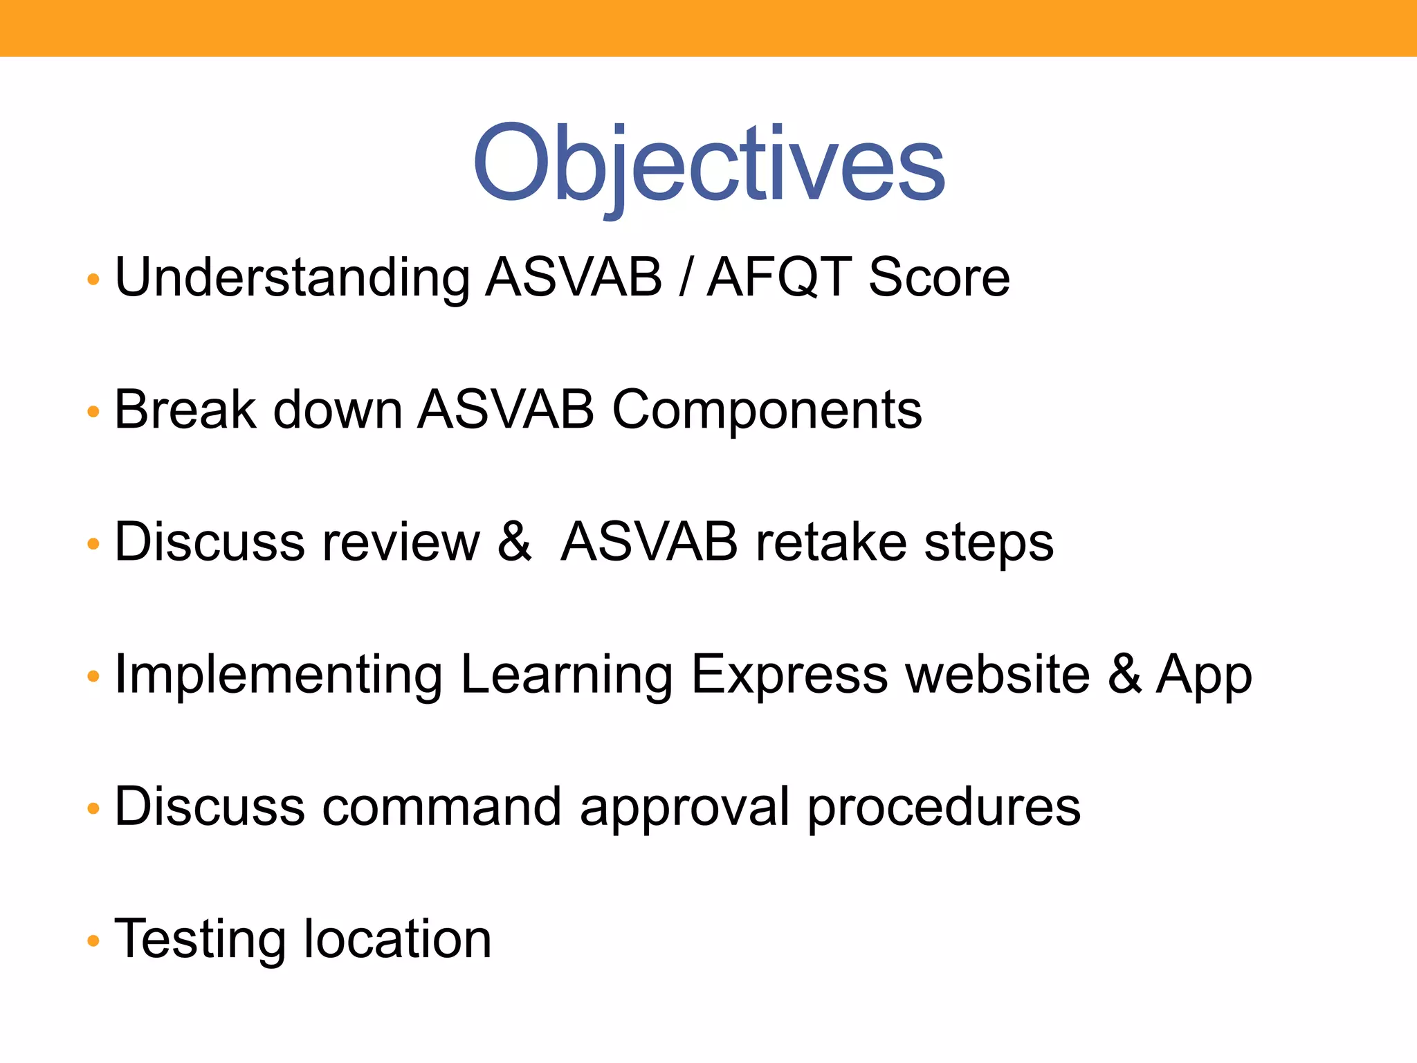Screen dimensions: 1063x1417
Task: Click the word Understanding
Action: click(x=292, y=278)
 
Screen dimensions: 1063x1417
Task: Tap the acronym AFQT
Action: click(x=779, y=278)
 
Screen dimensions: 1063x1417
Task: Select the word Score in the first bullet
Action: click(x=939, y=278)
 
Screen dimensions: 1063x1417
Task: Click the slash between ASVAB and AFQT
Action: click(x=684, y=278)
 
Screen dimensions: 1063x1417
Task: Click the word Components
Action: click(x=767, y=410)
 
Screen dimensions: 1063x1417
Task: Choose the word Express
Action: click(x=789, y=675)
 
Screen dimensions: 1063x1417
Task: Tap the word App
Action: click(x=1204, y=675)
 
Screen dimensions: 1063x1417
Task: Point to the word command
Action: click(x=441, y=807)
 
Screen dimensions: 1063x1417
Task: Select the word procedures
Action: click(x=944, y=807)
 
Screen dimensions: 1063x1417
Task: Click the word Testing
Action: click(x=199, y=940)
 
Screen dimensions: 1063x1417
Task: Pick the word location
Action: click(x=397, y=940)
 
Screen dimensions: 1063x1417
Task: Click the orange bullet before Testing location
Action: click(x=93, y=941)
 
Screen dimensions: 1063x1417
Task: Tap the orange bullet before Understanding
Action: click(x=93, y=280)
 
